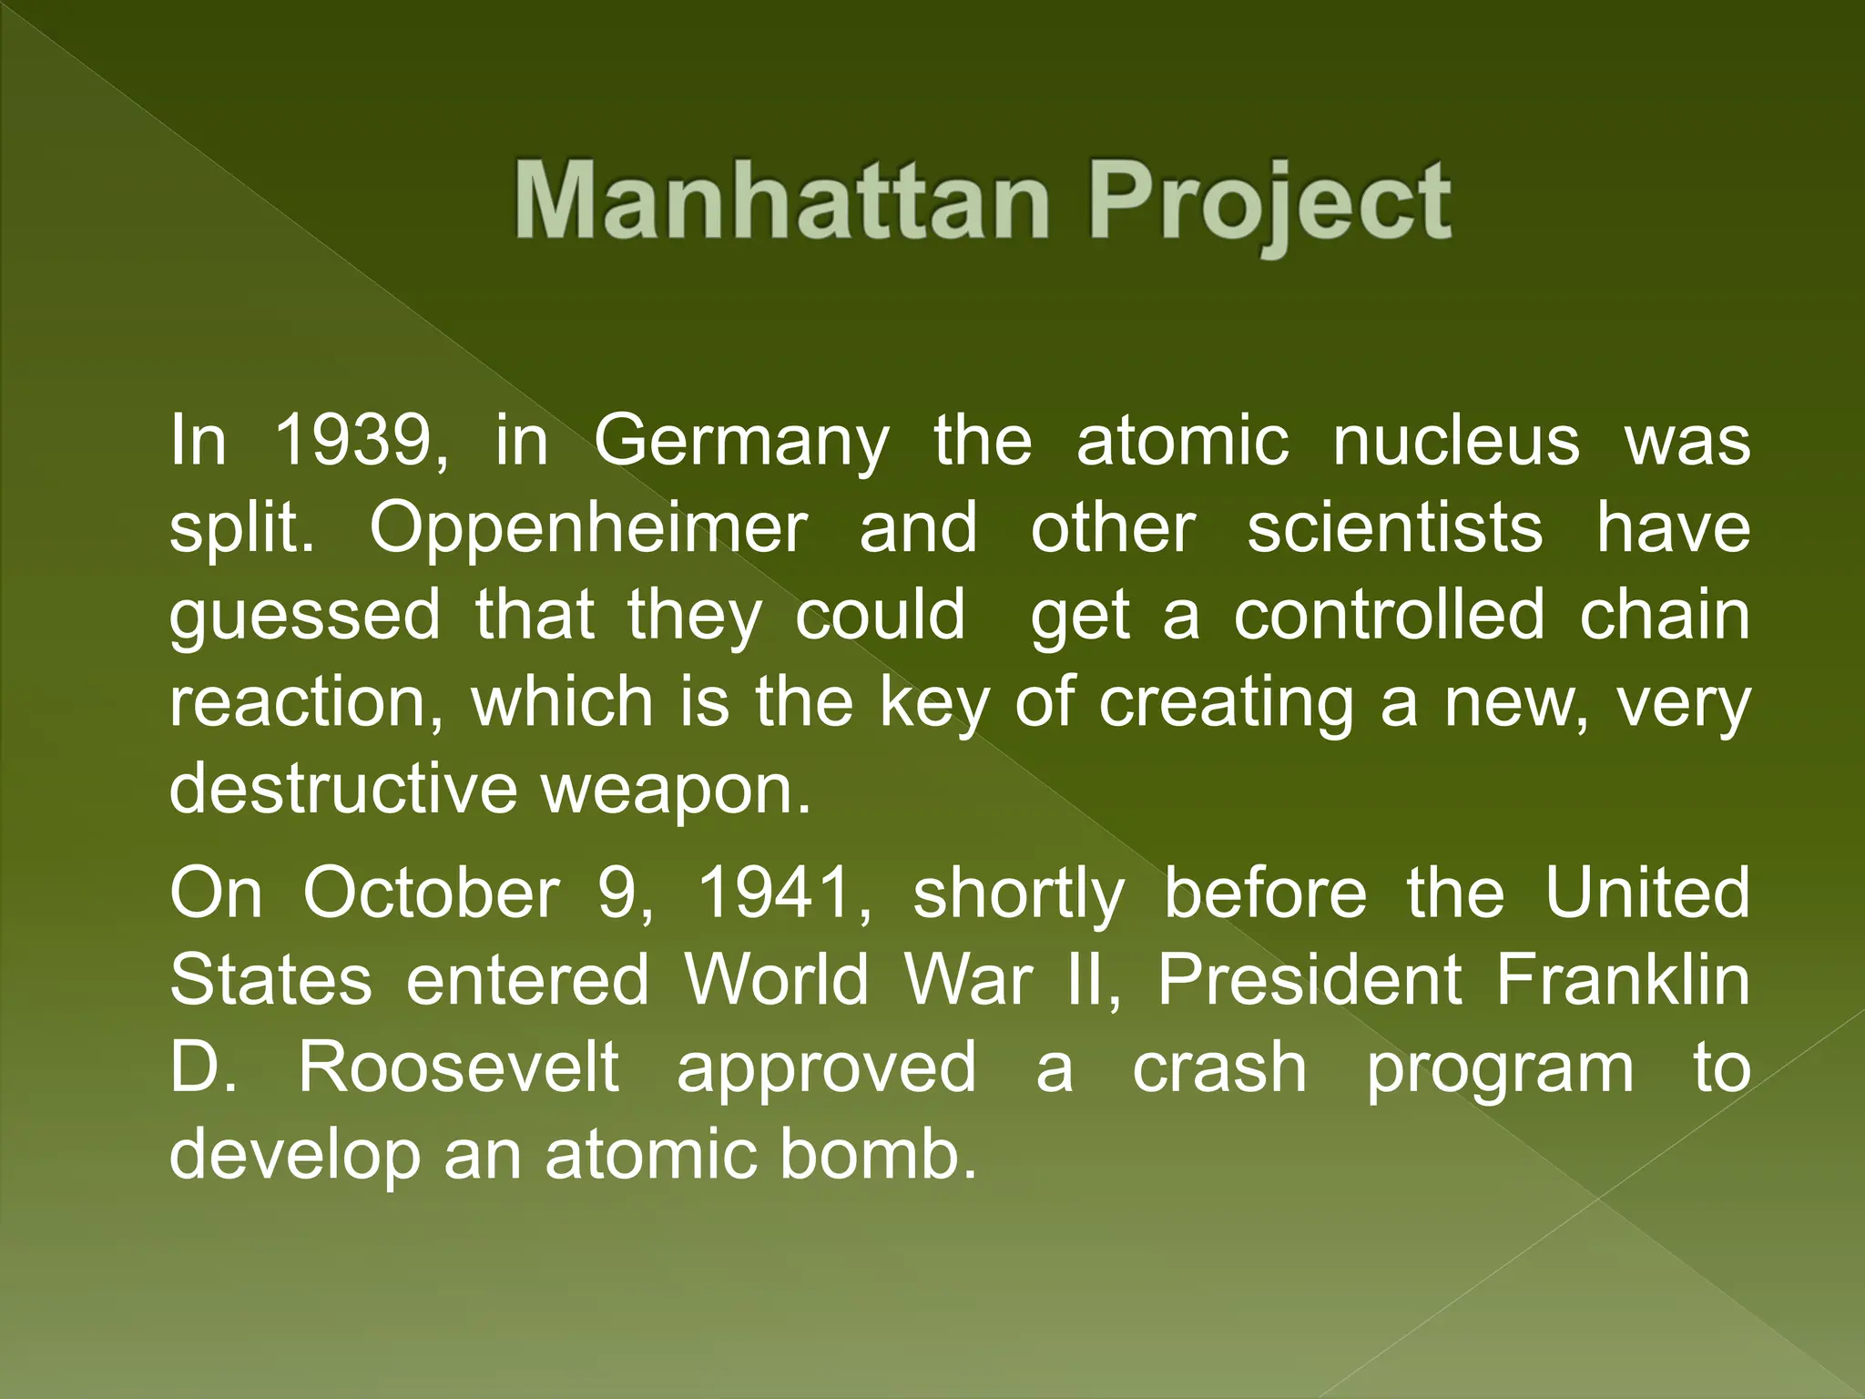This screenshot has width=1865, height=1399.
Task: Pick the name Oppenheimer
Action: click(587, 529)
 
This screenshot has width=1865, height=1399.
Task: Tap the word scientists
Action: click(1394, 527)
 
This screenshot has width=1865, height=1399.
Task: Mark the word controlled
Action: click(1390, 615)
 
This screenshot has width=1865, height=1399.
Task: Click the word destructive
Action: click(342, 789)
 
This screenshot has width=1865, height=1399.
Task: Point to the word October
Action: click(430, 894)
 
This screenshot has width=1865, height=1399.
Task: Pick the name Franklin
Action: click(1623, 981)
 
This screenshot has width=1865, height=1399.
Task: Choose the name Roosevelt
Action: click(459, 1067)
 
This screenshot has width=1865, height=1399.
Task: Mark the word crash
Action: click(1219, 1067)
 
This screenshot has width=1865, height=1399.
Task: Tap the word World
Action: click(776, 981)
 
